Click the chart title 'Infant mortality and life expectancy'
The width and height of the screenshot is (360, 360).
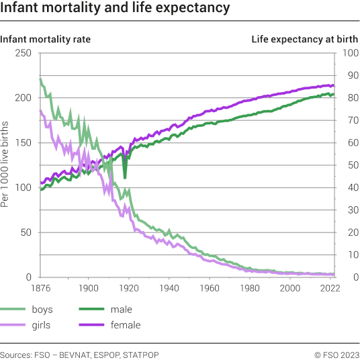(115, 9)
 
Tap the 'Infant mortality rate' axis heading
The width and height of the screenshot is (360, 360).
(46, 39)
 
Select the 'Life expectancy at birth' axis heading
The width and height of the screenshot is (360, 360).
(304, 39)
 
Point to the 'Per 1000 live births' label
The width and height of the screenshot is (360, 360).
(5, 164)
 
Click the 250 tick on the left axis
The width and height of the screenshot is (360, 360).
(24, 53)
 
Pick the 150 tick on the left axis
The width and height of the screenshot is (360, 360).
(24, 143)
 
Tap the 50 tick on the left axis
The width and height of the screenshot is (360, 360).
(26, 233)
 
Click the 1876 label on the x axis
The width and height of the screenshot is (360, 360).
(41, 288)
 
